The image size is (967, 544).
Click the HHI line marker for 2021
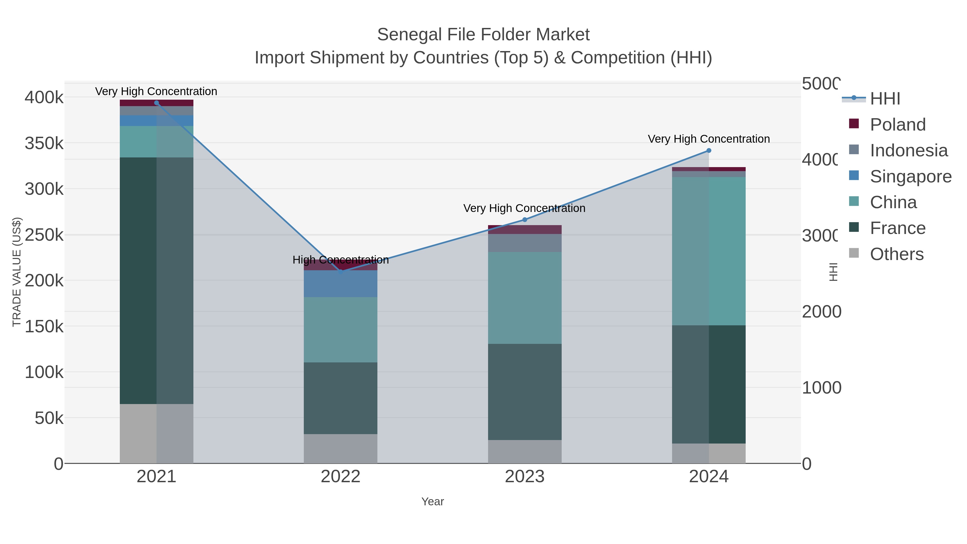(157, 103)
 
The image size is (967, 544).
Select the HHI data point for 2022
(341, 272)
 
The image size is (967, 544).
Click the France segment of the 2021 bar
(157, 280)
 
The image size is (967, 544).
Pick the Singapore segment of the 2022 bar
(341, 283)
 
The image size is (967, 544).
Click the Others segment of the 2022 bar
(341, 448)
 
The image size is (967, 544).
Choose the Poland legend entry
(897, 125)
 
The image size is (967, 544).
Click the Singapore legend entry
(910, 176)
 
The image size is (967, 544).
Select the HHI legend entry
(885, 99)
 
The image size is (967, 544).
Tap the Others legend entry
(896, 254)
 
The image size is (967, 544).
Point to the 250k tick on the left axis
(44, 235)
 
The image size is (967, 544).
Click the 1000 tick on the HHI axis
(821, 388)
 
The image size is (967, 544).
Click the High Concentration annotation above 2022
(341, 260)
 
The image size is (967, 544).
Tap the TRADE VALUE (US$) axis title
(17, 272)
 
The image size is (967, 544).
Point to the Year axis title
(432, 502)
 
